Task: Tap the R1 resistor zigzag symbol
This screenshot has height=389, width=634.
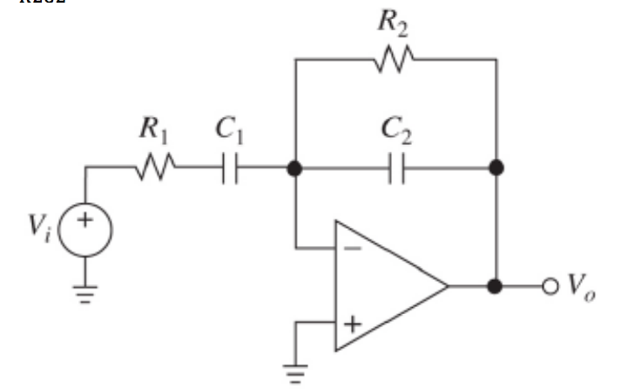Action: [x=156, y=167]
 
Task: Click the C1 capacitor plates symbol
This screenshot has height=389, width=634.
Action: [x=229, y=167]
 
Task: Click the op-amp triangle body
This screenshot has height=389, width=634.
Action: [x=383, y=286]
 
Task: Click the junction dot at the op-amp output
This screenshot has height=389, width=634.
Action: [x=496, y=286]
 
